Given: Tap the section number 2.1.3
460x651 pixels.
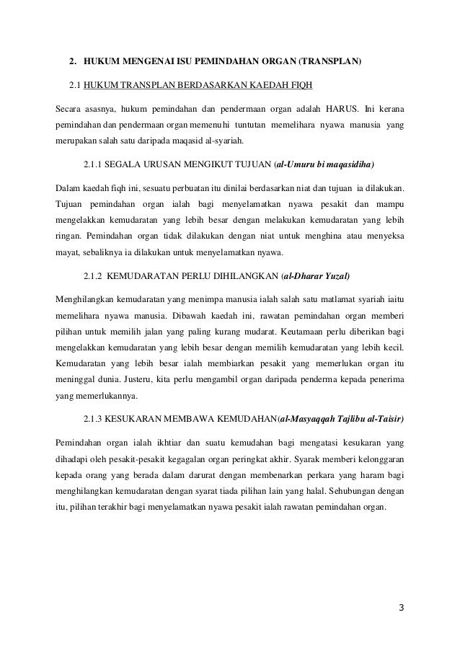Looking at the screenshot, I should (94, 418).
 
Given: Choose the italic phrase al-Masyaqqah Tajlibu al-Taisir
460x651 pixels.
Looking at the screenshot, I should (342, 418).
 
